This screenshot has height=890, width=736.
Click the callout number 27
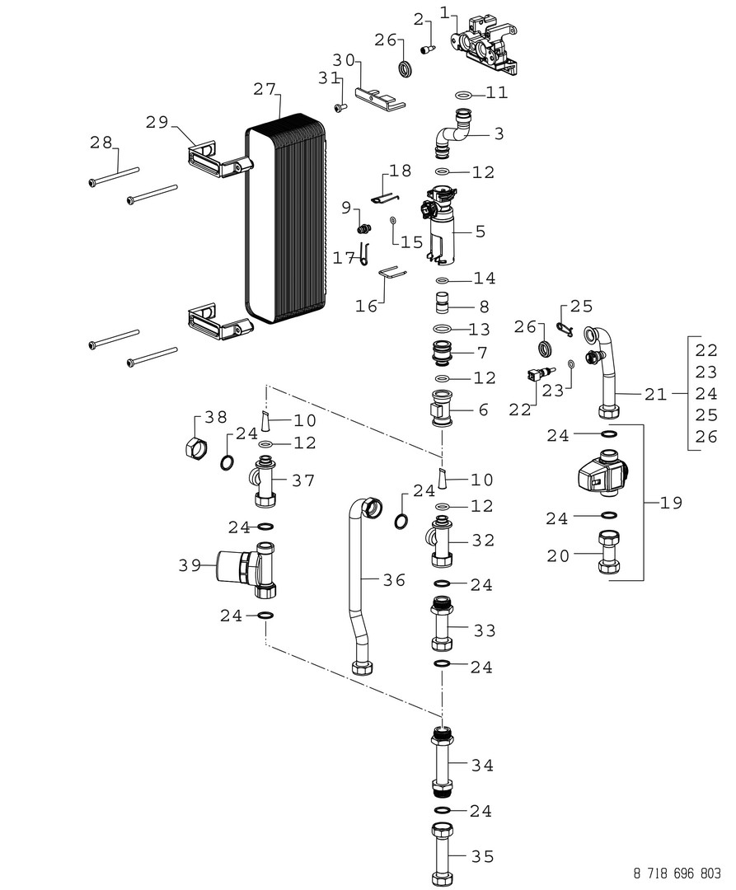point(266,90)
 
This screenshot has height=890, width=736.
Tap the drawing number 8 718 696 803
point(677,873)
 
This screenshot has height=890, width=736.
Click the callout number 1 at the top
point(445,12)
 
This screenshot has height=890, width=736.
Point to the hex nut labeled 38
point(195,447)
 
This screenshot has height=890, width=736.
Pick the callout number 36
point(394,580)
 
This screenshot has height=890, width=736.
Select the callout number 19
point(671,502)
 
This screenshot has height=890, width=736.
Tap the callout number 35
point(482,857)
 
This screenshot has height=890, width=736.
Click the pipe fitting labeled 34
point(443,763)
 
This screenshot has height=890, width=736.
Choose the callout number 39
point(190,565)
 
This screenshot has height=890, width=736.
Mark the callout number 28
point(101,143)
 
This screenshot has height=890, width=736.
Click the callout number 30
point(344,60)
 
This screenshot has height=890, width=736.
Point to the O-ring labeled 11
point(464,94)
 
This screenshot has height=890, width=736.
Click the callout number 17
point(344,258)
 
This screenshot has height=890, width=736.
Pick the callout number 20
point(558,556)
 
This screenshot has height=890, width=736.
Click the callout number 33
point(483,630)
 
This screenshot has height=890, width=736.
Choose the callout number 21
point(655,395)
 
